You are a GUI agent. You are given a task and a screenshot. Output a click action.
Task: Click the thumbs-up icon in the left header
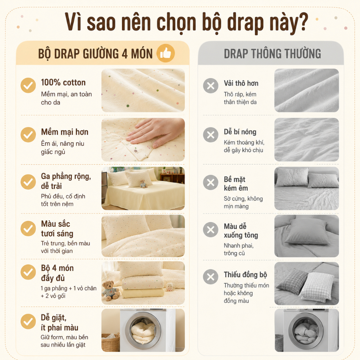(166, 53)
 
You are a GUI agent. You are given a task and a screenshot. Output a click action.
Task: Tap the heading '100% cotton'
(63, 82)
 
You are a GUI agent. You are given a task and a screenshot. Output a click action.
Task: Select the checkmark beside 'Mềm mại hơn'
(28, 135)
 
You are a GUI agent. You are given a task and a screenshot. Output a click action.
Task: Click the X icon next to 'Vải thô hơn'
(211, 86)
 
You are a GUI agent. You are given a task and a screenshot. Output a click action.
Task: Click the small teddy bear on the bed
(143, 184)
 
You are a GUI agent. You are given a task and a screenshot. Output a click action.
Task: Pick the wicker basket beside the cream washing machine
(111, 342)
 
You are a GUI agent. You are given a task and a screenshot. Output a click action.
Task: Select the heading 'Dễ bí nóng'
(240, 132)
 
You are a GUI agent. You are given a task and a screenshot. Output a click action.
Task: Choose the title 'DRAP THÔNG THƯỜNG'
(272, 53)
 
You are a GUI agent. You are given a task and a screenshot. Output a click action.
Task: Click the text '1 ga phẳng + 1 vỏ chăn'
(69, 288)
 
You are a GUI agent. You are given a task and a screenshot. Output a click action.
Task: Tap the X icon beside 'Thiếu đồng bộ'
(211, 277)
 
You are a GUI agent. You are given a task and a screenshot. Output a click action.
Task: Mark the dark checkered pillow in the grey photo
(292, 282)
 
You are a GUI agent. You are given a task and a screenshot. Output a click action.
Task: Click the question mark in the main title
(302, 21)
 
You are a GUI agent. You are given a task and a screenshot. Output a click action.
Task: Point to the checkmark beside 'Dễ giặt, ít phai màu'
(28, 321)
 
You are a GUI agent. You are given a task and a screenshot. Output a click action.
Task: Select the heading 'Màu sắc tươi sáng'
(57, 229)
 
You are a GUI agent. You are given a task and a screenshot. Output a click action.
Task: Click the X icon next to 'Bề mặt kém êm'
(211, 182)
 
